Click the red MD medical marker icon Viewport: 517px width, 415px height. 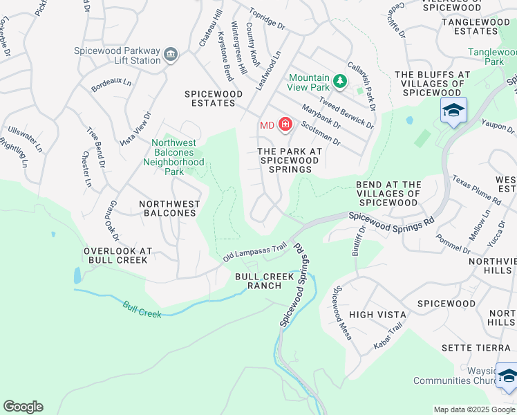(285, 124)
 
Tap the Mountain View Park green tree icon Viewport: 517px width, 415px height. (339, 82)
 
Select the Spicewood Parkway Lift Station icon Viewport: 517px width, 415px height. (171, 54)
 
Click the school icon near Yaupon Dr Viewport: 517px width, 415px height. (453, 111)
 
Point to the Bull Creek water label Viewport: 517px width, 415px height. (142, 309)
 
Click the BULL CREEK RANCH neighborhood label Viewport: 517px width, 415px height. (258, 280)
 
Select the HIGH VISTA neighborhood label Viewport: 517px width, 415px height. (377, 315)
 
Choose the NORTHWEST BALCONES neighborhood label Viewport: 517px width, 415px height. (169, 209)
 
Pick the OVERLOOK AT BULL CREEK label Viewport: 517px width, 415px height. (115, 255)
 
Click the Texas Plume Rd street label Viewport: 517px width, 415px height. (477, 190)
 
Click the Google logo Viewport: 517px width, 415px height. (23, 407)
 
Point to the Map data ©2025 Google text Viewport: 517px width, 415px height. (474, 409)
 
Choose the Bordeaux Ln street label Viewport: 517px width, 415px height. (111, 85)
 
